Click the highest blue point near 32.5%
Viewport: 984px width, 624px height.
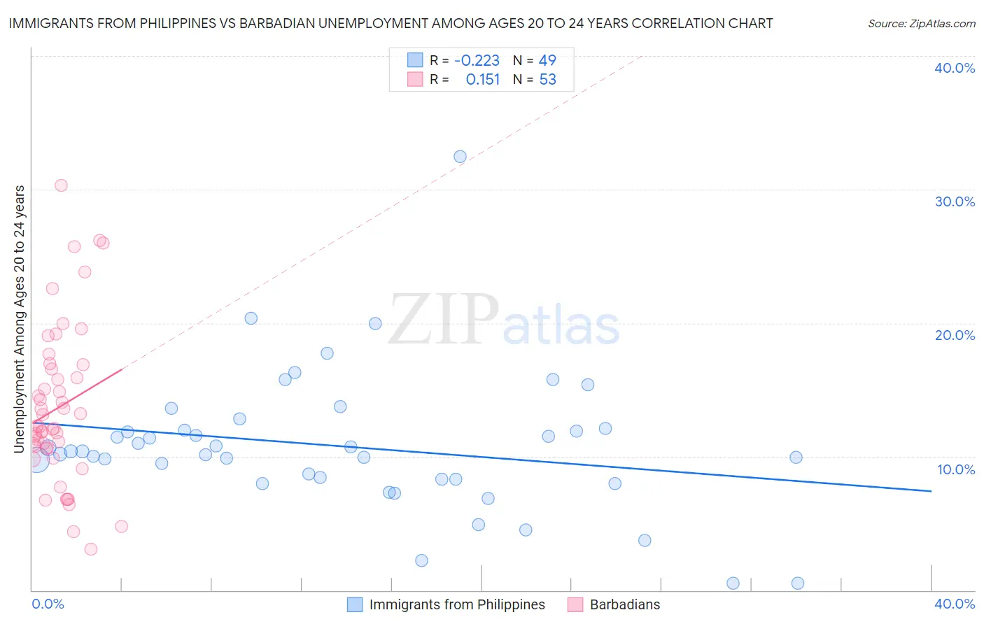point(460,157)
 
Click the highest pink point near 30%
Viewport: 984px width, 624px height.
point(61,185)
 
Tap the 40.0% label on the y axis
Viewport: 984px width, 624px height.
point(955,68)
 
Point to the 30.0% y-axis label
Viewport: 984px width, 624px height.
point(955,201)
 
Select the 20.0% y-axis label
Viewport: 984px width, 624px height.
point(955,335)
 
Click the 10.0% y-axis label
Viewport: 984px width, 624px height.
point(956,469)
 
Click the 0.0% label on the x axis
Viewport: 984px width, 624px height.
point(48,604)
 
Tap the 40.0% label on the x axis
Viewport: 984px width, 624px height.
point(955,604)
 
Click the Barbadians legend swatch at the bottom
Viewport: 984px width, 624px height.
point(575,604)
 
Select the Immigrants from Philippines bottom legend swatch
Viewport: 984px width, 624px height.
point(355,604)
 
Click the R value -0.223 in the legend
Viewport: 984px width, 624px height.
point(477,61)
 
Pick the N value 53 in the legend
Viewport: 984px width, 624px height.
point(547,80)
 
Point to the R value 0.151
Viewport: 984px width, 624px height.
point(483,80)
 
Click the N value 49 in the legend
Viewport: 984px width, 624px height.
point(547,61)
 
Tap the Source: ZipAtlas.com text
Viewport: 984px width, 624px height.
point(921,24)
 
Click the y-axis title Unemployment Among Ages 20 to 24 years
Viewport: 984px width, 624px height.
point(20,319)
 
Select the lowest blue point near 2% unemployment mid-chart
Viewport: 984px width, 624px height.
point(421,560)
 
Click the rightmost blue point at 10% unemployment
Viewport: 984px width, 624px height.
point(796,458)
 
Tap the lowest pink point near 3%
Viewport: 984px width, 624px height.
point(90,549)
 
